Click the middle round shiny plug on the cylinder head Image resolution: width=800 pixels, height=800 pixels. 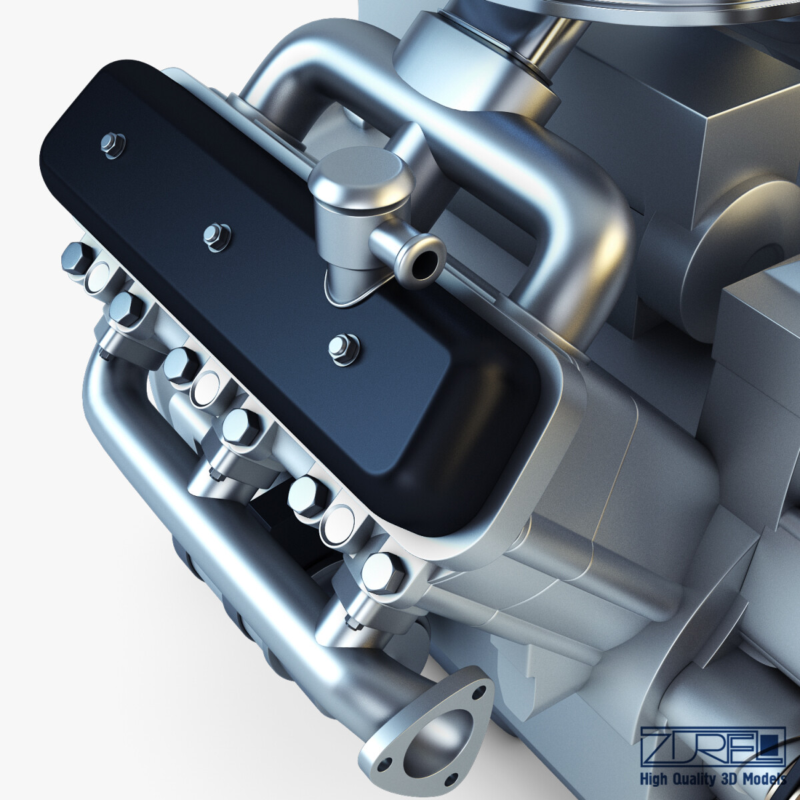click(205, 386)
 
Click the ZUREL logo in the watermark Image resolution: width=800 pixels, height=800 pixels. click(711, 747)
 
